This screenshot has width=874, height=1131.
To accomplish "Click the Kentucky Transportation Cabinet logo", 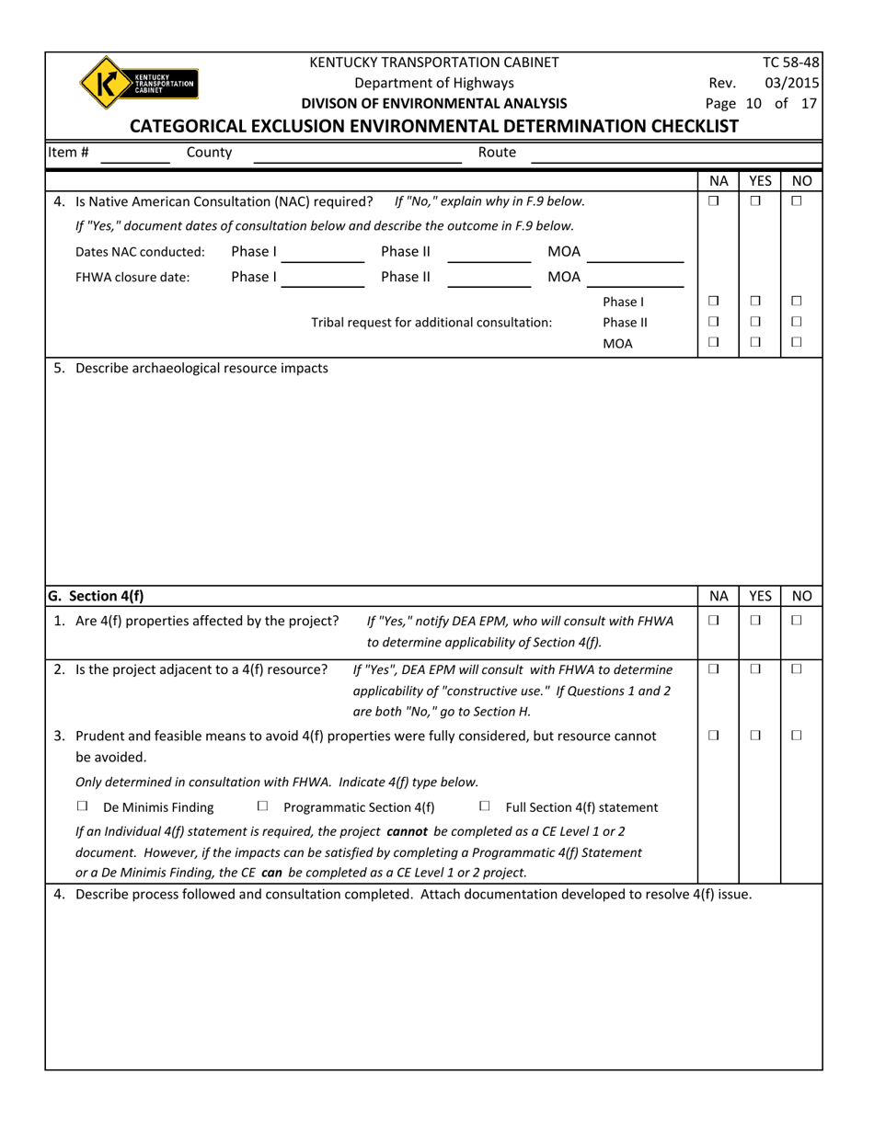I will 138,84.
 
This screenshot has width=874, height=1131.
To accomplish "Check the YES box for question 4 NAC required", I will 755,201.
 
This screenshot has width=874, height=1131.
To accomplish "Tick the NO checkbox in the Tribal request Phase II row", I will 797,322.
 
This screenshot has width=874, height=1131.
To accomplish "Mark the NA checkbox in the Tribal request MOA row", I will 713,343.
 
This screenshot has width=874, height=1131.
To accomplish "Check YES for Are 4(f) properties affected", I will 755,621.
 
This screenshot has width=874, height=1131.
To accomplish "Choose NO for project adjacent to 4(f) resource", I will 797,669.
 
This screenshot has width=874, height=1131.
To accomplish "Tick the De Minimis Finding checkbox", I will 83,806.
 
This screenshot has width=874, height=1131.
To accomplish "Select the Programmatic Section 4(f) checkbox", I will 263,806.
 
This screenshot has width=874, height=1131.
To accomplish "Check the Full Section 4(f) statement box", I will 485,806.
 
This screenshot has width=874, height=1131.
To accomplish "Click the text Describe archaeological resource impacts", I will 201,368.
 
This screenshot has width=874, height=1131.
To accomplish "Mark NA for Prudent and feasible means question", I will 713,736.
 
